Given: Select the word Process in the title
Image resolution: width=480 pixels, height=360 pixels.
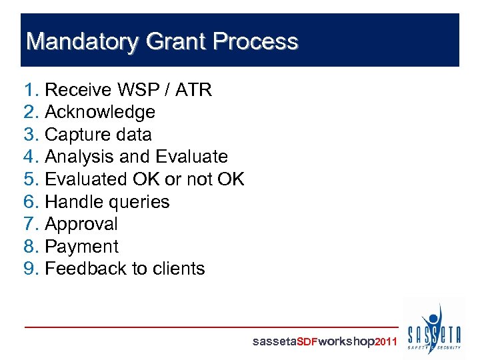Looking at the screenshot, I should [255, 42].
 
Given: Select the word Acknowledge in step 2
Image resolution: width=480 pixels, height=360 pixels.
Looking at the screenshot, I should [99, 112].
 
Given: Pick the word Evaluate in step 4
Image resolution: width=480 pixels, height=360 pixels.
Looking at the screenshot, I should [191, 157].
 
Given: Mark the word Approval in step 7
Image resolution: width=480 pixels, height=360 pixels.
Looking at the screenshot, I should [81, 224].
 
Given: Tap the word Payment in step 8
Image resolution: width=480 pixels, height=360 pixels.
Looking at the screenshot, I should [81, 247].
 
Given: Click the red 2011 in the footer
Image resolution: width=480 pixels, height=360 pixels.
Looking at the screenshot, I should [387, 342].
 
